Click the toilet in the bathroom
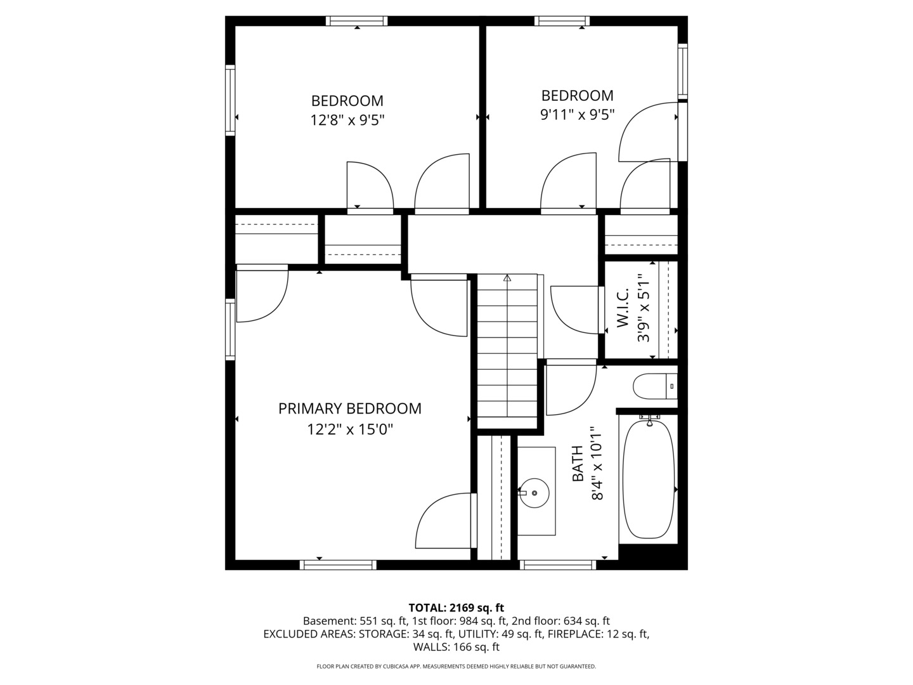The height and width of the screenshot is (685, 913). click(655, 386)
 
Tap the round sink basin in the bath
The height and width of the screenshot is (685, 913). click(534, 493)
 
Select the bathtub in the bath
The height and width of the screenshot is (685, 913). click(649, 480)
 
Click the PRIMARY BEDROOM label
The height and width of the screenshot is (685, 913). click(350, 408)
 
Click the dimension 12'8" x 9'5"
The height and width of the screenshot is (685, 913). click(347, 121)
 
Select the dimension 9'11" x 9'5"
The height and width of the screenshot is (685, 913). click(578, 114)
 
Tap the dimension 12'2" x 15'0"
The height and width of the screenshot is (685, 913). click(350, 429)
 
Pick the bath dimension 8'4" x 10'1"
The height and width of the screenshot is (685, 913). click(598, 462)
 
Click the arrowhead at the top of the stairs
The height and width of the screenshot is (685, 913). click(507, 277)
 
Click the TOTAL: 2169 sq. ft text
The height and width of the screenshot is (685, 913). click(456, 608)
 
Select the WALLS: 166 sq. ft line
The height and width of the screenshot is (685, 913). click(456, 647)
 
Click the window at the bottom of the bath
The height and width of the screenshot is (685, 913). click(558, 564)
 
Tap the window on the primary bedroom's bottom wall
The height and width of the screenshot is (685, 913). click(338, 564)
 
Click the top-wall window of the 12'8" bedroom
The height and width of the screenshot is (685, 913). click(356, 21)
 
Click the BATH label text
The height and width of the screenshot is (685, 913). click(578, 463)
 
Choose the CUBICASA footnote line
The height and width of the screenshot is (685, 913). click(456, 666)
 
